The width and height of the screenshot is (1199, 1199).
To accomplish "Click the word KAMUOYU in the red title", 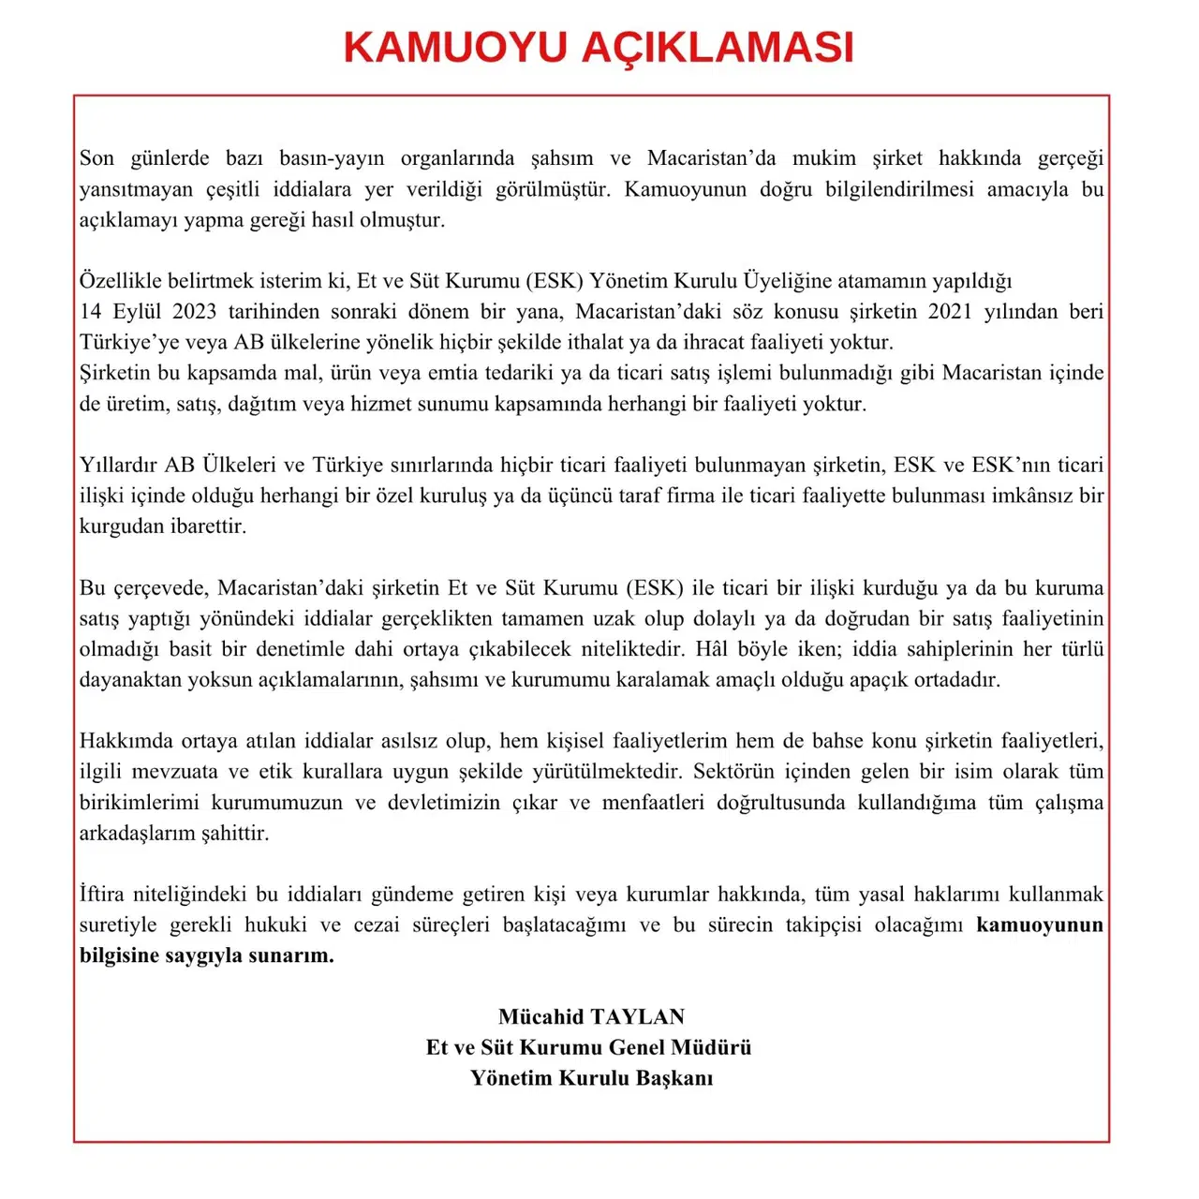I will (455, 48).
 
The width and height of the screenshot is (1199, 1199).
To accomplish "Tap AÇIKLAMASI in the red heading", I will (718, 48).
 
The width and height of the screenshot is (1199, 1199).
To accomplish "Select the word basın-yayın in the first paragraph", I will (332, 158).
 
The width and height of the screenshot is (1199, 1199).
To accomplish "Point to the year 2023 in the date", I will (194, 312).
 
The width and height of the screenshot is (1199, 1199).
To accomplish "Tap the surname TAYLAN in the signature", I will (637, 1017).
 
